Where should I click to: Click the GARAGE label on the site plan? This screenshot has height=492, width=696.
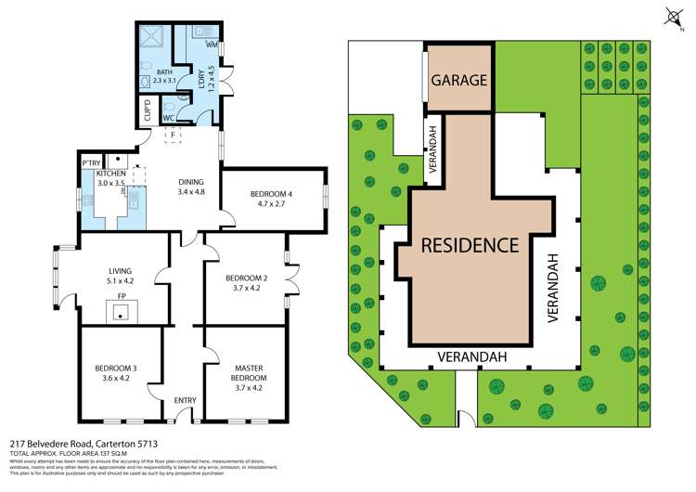(459, 80)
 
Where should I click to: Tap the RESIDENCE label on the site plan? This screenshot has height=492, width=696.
(470, 245)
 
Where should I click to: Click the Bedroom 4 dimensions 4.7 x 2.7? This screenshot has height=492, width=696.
(271, 203)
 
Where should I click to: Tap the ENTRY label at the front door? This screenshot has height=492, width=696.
(186, 400)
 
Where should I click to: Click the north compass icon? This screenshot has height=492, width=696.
(672, 15)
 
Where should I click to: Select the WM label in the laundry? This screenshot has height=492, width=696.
(212, 44)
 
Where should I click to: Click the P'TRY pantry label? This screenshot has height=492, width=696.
(91, 163)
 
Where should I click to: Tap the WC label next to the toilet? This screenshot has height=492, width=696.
(167, 118)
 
